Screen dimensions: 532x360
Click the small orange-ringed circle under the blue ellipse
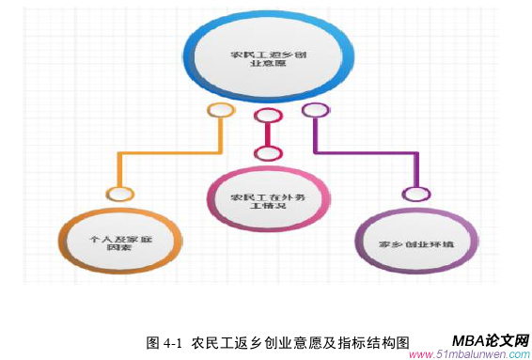(x=221, y=111)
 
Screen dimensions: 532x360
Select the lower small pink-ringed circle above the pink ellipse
(x=268, y=153)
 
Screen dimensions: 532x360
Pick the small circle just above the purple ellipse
(x=414, y=194)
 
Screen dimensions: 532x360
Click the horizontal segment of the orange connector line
(x=169, y=152)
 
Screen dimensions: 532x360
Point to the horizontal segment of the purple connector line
(x=367, y=152)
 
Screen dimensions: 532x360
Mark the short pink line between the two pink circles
(x=268, y=135)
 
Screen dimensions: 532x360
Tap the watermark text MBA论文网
(x=490, y=340)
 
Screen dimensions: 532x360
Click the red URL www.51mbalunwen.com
(x=470, y=354)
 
